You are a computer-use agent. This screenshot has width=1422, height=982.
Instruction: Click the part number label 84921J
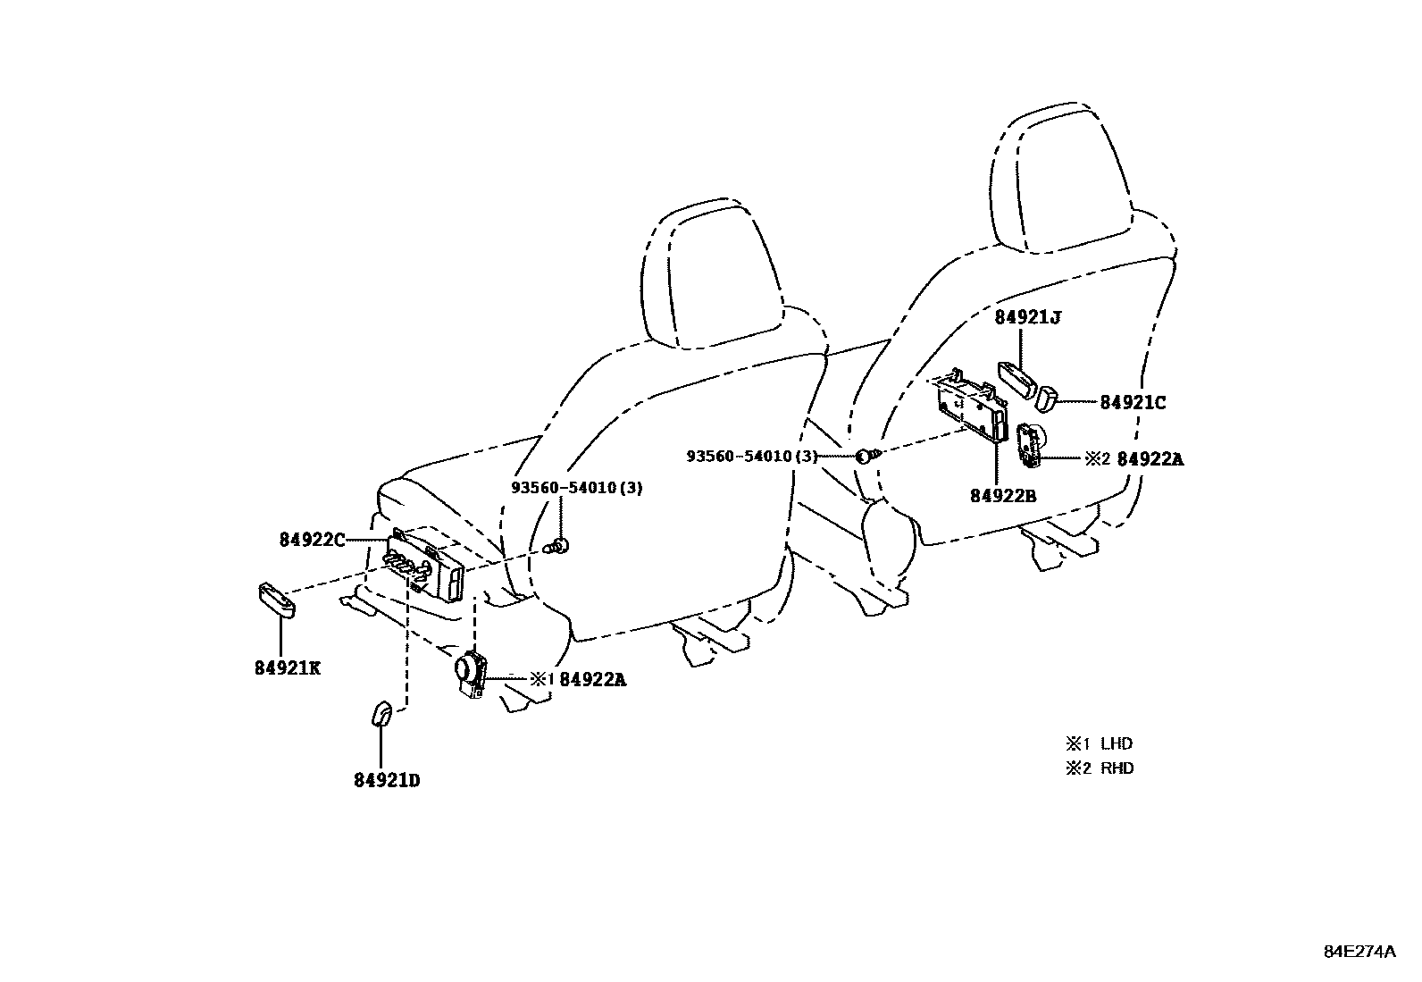tap(1028, 317)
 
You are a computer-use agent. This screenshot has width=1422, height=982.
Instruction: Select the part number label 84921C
tap(1133, 403)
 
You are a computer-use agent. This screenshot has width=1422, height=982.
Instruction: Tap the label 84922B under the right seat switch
tap(1003, 495)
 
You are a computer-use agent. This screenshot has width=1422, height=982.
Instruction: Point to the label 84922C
tap(313, 540)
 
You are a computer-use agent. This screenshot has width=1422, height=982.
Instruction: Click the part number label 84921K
tap(288, 668)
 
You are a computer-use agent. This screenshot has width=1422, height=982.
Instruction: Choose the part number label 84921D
tap(388, 780)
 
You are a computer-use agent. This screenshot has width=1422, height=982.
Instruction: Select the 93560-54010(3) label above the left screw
tap(577, 488)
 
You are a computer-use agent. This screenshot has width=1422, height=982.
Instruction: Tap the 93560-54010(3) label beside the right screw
tap(752, 456)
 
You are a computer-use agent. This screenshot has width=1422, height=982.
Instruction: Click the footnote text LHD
tap(1117, 743)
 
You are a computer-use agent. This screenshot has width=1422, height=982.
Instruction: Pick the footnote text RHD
tap(1117, 768)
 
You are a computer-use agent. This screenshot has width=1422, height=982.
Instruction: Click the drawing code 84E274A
tap(1359, 952)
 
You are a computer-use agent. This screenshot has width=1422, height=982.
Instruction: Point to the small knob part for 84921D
tap(381, 713)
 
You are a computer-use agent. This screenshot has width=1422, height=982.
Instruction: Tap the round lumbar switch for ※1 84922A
tap(471, 674)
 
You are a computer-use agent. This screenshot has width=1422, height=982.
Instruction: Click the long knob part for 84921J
tap(1017, 379)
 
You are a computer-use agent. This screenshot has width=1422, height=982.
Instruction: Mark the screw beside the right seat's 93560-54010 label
tap(866, 456)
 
